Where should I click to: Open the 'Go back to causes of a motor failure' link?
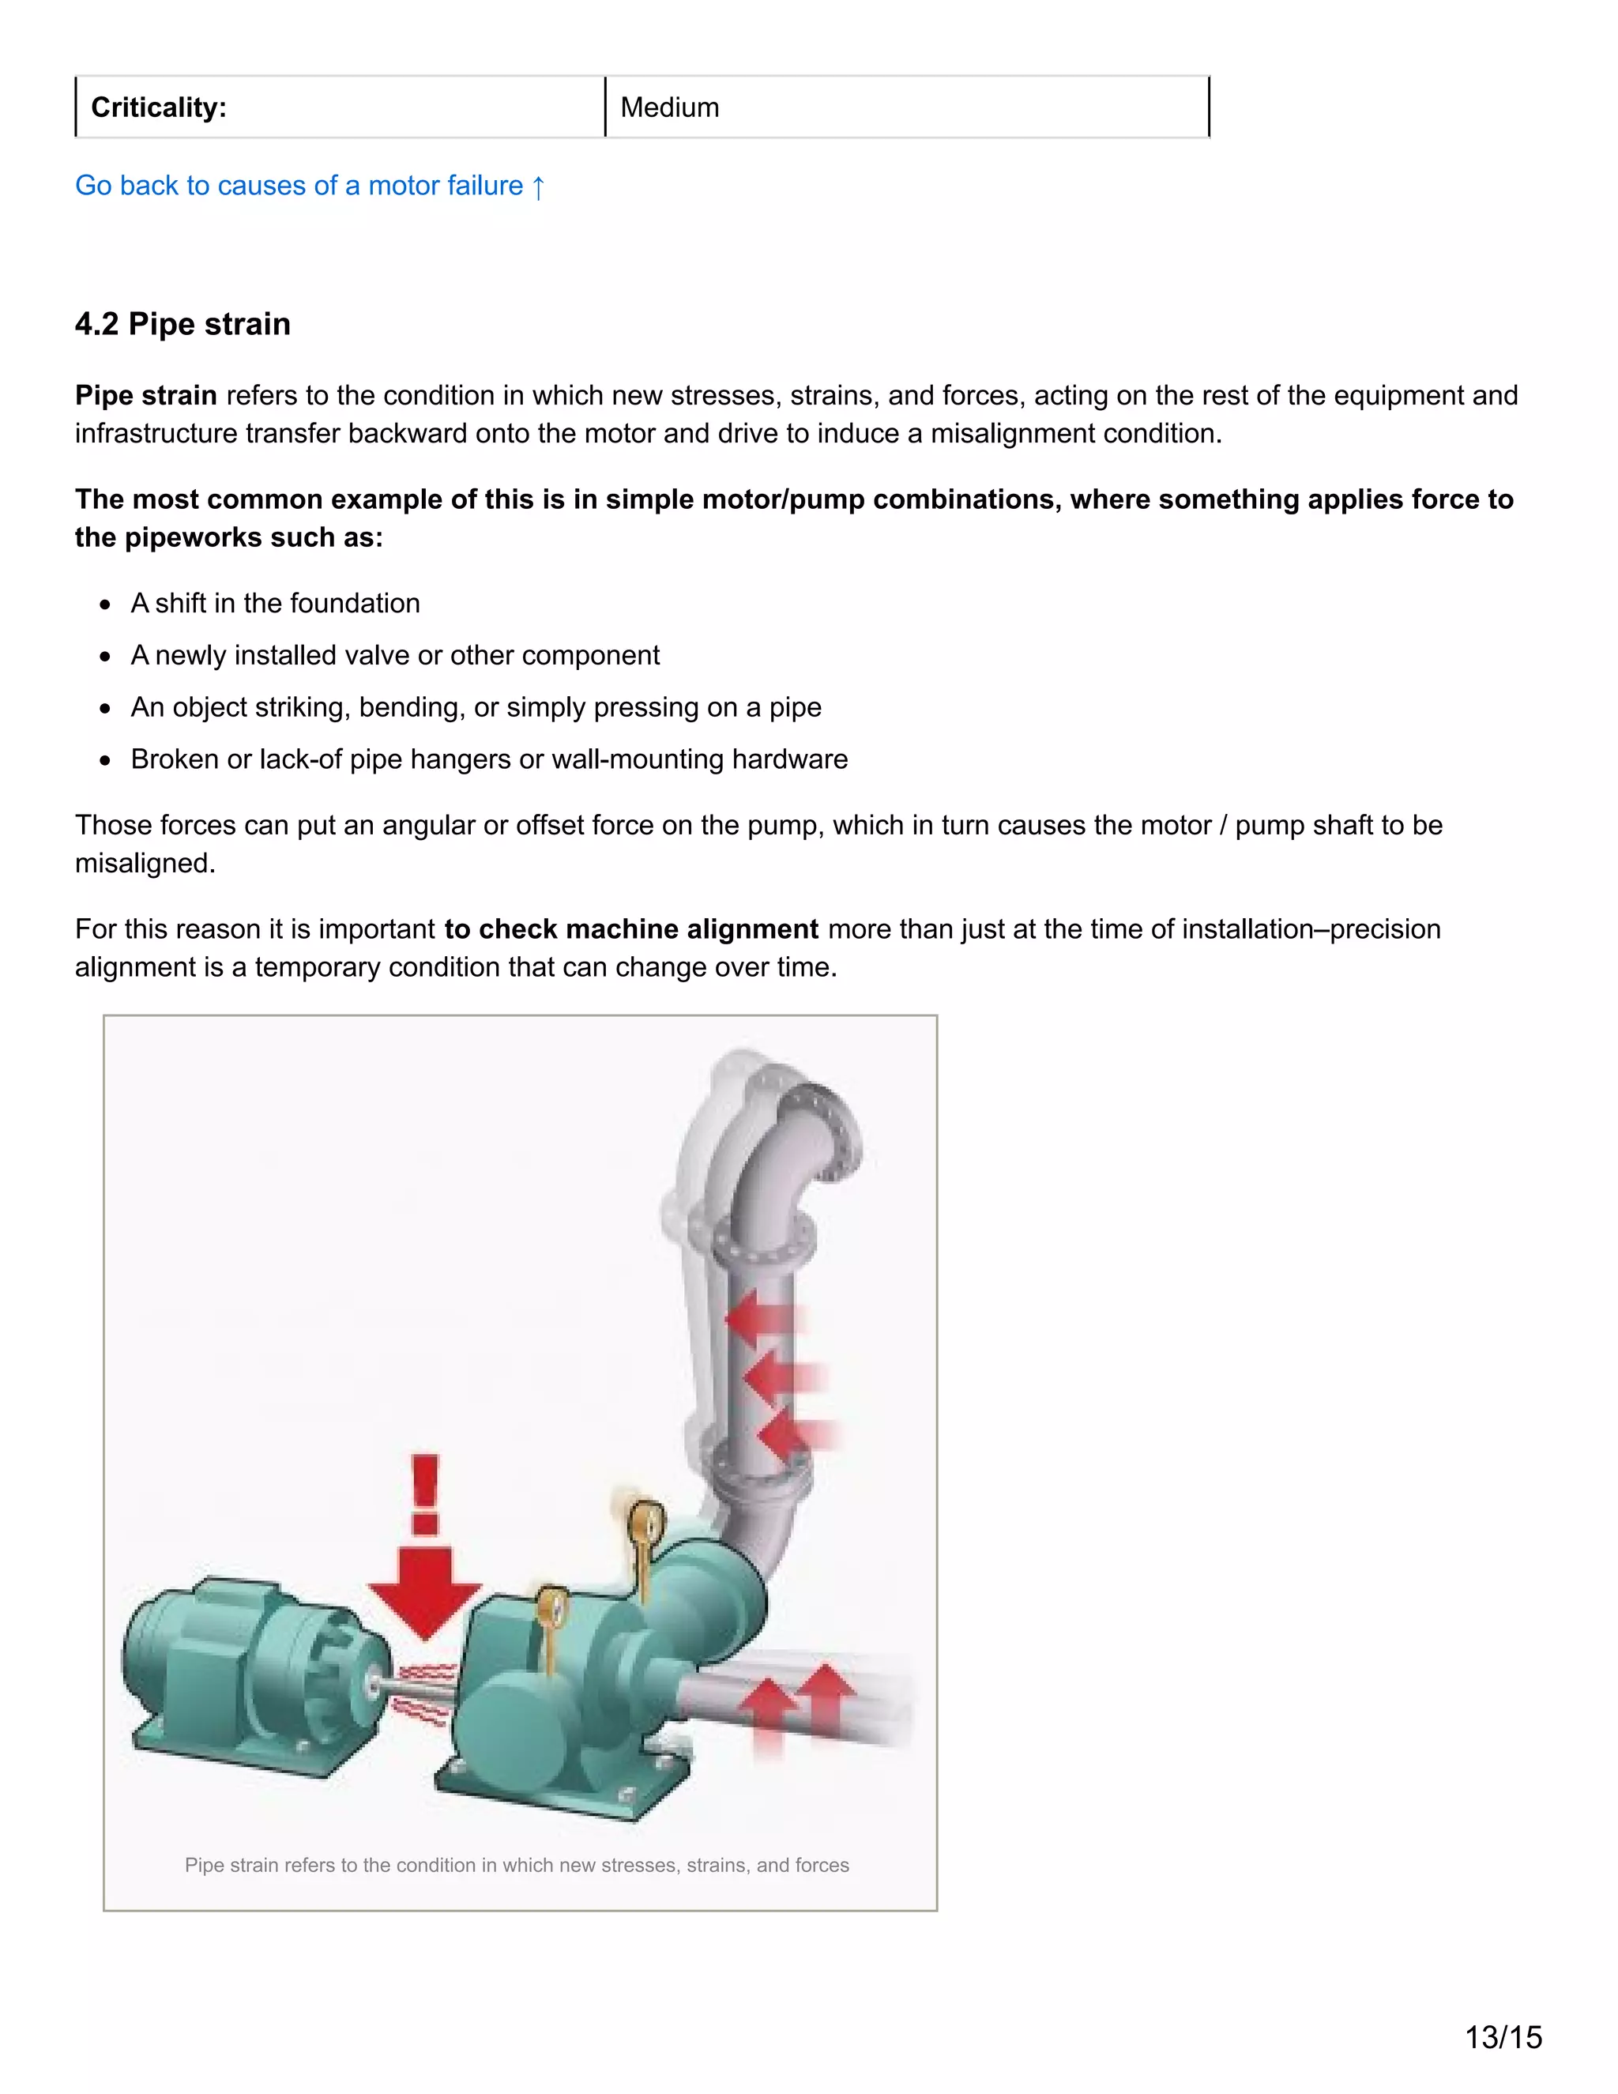point(310,185)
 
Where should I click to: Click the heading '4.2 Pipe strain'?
point(182,324)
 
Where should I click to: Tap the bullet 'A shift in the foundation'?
point(275,603)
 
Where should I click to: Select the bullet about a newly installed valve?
point(395,655)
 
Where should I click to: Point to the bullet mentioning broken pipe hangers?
point(489,759)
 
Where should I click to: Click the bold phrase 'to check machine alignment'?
point(630,929)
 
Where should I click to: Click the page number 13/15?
point(1503,2036)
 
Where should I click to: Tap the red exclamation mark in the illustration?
point(424,1496)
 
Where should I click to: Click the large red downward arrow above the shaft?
point(423,1591)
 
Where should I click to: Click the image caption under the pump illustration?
point(517,1865)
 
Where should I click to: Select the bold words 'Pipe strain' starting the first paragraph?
point(145,396)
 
